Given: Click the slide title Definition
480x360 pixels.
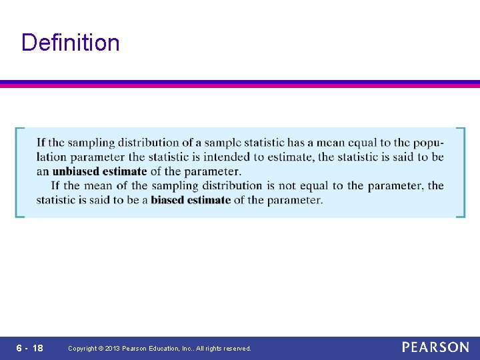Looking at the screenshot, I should click(x=71, y=43).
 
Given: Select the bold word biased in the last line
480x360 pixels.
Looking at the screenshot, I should click(x=171, y=199).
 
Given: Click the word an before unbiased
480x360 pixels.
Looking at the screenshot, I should click(x=43, y=171).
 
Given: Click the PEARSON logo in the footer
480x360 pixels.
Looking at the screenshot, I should click(x=435, y=347).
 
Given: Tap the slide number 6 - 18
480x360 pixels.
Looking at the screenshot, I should click(x=30, y=348).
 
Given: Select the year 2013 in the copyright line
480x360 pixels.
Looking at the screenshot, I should click(x=112, y=349).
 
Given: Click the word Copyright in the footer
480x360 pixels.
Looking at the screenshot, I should click(x=83, y=349).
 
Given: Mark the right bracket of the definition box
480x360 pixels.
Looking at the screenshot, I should click(x=461, y=172).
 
